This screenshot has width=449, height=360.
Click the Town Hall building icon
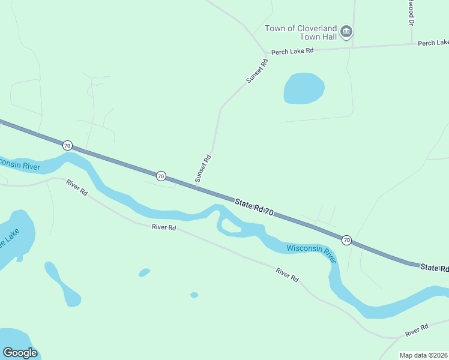(346, 32)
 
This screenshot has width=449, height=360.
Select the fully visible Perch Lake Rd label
(292, 52)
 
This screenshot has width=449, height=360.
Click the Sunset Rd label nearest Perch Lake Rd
(256, 70)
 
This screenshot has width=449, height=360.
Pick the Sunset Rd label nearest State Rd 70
(203, 169)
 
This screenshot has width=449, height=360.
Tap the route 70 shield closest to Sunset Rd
(161, 176)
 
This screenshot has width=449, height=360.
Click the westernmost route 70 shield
(67, 145)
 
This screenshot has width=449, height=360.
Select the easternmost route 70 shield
(346, 240)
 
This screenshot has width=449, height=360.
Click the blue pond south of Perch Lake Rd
(304, 88)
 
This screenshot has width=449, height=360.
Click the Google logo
(20, 353)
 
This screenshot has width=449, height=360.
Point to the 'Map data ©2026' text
(423, 355)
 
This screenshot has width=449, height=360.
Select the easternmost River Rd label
(416, 329)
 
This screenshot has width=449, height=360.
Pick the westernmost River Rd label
(77, 188)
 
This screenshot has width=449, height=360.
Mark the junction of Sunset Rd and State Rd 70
(196, 187)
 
